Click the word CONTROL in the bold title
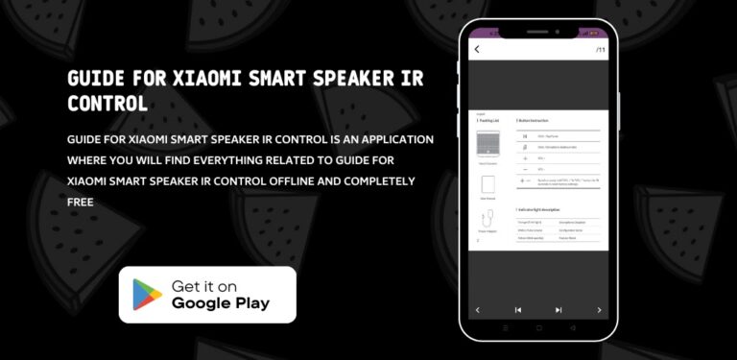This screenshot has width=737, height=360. coord(107,102)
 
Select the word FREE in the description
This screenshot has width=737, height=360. coord(81,203)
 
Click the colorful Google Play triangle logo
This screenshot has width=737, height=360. coord(147,295)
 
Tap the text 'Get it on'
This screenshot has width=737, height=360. coord(204,286)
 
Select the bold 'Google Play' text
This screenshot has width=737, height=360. coord(221,304)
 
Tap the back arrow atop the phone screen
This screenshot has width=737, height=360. coord(477,49)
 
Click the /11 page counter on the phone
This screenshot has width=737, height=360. coord(600,49)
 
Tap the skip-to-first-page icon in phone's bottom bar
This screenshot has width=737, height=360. coord(518,310)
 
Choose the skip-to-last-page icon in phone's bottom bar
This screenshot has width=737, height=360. coord(559,310)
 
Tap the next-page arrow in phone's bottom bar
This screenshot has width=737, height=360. coord(599,310)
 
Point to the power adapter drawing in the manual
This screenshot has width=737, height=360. coord(488,218)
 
